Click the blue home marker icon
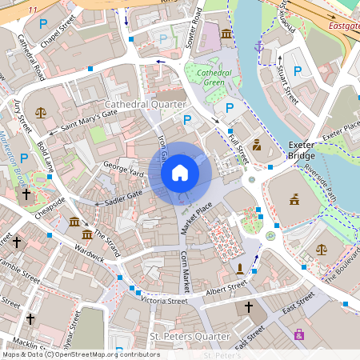coord(180,172)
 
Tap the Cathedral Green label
coord(209,78)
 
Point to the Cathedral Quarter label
coord(146,105)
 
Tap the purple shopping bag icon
coord(299,334)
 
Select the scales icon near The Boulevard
coord(322,250)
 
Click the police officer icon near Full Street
coord(257,145)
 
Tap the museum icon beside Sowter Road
coord(226,34)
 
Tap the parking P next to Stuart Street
coord(298,72)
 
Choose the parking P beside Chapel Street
coord(43,25)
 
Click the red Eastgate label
coord(343,26)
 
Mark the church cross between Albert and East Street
coord(248,307)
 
